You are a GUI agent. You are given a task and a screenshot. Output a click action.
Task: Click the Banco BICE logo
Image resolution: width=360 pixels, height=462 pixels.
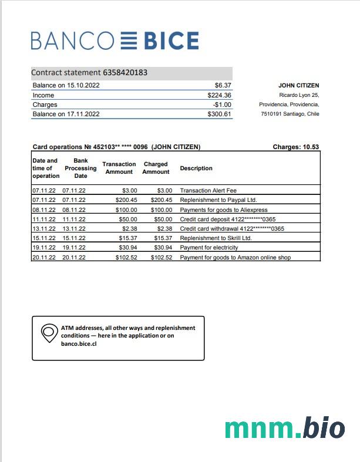115,41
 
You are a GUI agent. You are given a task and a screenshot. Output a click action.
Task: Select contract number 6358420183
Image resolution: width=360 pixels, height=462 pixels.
125,73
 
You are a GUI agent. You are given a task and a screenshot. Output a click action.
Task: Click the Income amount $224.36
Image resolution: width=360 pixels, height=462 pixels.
219,95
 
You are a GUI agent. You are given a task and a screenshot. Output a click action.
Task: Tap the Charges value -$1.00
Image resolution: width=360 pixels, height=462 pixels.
222,104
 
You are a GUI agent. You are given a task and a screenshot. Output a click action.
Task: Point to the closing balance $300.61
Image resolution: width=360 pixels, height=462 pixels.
219,114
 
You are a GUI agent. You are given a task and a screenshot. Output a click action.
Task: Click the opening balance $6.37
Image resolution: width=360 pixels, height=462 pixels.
223,85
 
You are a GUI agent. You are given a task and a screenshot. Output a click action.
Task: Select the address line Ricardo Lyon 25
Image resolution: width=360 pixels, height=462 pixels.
299,95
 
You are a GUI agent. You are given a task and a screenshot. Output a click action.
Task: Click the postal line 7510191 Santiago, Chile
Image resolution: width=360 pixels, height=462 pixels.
290,114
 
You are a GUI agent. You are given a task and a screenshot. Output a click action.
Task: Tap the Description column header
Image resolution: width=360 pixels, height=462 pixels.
196,168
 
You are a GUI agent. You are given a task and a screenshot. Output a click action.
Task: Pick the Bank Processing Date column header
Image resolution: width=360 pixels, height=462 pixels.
80,168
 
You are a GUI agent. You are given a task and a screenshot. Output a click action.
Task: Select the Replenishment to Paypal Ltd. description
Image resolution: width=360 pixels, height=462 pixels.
218,200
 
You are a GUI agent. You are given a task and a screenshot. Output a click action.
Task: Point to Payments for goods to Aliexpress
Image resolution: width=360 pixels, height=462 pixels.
223,210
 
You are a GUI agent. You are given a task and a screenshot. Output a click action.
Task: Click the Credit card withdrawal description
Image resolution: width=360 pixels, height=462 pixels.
232,228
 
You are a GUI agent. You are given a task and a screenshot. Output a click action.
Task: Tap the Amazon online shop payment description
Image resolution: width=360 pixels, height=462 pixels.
235,257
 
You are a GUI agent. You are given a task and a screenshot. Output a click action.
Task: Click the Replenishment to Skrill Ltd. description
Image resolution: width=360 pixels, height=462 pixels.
216,238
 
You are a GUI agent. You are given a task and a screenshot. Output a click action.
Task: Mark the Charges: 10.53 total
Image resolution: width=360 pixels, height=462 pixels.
296,147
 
